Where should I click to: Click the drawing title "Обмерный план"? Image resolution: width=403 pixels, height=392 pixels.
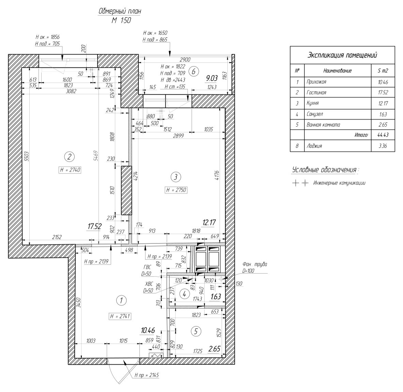pos(120,11)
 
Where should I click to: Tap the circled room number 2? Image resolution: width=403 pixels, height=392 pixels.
pos(69,156)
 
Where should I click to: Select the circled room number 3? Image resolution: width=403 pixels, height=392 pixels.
pos(176,177)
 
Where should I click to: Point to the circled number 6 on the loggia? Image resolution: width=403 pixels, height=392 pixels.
pos(194,72)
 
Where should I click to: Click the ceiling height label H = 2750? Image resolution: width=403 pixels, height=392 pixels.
pos(176,190)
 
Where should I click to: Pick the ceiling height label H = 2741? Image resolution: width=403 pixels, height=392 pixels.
pos(120,316)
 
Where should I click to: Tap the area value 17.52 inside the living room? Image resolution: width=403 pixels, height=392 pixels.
pos(94,226)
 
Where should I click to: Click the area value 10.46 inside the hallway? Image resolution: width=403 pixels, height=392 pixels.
pos(148,330)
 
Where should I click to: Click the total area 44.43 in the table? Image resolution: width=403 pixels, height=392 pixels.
pos(383,135)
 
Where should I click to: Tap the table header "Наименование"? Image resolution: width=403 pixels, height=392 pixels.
pos(338,71)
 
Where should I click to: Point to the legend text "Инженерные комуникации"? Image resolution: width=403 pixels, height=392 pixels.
pos(339,183)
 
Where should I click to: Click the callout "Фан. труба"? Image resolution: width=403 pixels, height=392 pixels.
pos(255,264)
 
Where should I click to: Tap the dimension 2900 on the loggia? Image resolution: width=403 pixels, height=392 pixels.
pos(185,60)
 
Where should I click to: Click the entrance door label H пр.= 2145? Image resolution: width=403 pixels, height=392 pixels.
pos(147,375)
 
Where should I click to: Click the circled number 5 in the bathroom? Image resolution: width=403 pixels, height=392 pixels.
pos(196,331)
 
